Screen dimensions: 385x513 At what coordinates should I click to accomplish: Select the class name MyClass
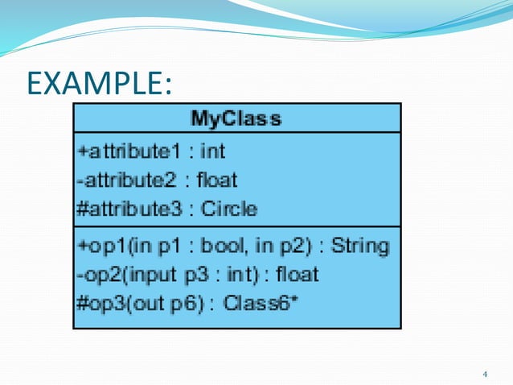(236, 119)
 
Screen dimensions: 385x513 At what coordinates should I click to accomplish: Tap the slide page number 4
(484, 374)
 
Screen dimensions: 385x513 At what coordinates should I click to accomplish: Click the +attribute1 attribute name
(121, 150)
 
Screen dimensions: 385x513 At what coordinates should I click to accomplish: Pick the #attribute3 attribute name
(125, 209)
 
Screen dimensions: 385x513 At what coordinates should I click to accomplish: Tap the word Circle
(229, 209)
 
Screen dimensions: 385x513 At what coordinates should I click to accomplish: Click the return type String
(360, 245)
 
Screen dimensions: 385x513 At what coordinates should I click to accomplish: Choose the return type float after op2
(297, 275)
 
